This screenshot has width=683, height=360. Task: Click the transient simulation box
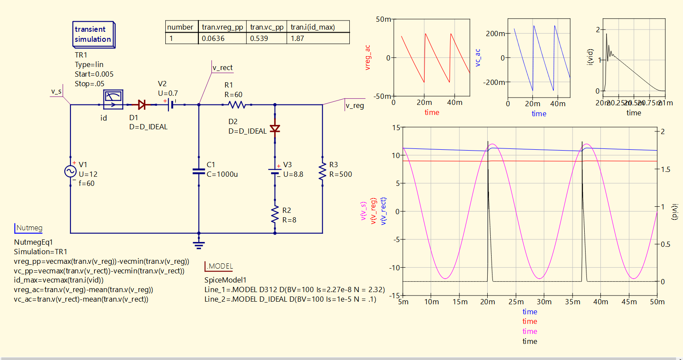[94, 34]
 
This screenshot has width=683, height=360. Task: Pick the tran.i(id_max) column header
[313, 27]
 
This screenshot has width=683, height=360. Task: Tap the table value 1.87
[298, 38]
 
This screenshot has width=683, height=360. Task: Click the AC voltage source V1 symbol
[70, 172]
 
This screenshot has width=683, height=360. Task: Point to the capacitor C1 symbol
[199, 172]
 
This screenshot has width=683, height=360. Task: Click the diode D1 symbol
[141, 104]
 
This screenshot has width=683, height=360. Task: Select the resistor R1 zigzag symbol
[237, 104]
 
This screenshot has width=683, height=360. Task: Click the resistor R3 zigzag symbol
[322, 172]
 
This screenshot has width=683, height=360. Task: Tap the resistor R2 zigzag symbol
[275, 215]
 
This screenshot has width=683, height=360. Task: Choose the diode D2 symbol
[275, 128]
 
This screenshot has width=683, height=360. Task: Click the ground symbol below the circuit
[199, 244]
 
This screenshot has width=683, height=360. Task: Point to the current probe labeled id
[113, 99]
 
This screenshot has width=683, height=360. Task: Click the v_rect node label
[223, 67]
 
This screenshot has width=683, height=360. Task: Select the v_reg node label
[355, 105]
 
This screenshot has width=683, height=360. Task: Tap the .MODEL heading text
[219, 266]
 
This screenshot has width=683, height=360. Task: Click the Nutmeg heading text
[29, 228]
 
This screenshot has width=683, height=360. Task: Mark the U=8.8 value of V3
[293, 174]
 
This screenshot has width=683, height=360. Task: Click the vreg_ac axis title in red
[368, 57]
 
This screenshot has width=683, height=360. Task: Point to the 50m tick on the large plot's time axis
[657, 302]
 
